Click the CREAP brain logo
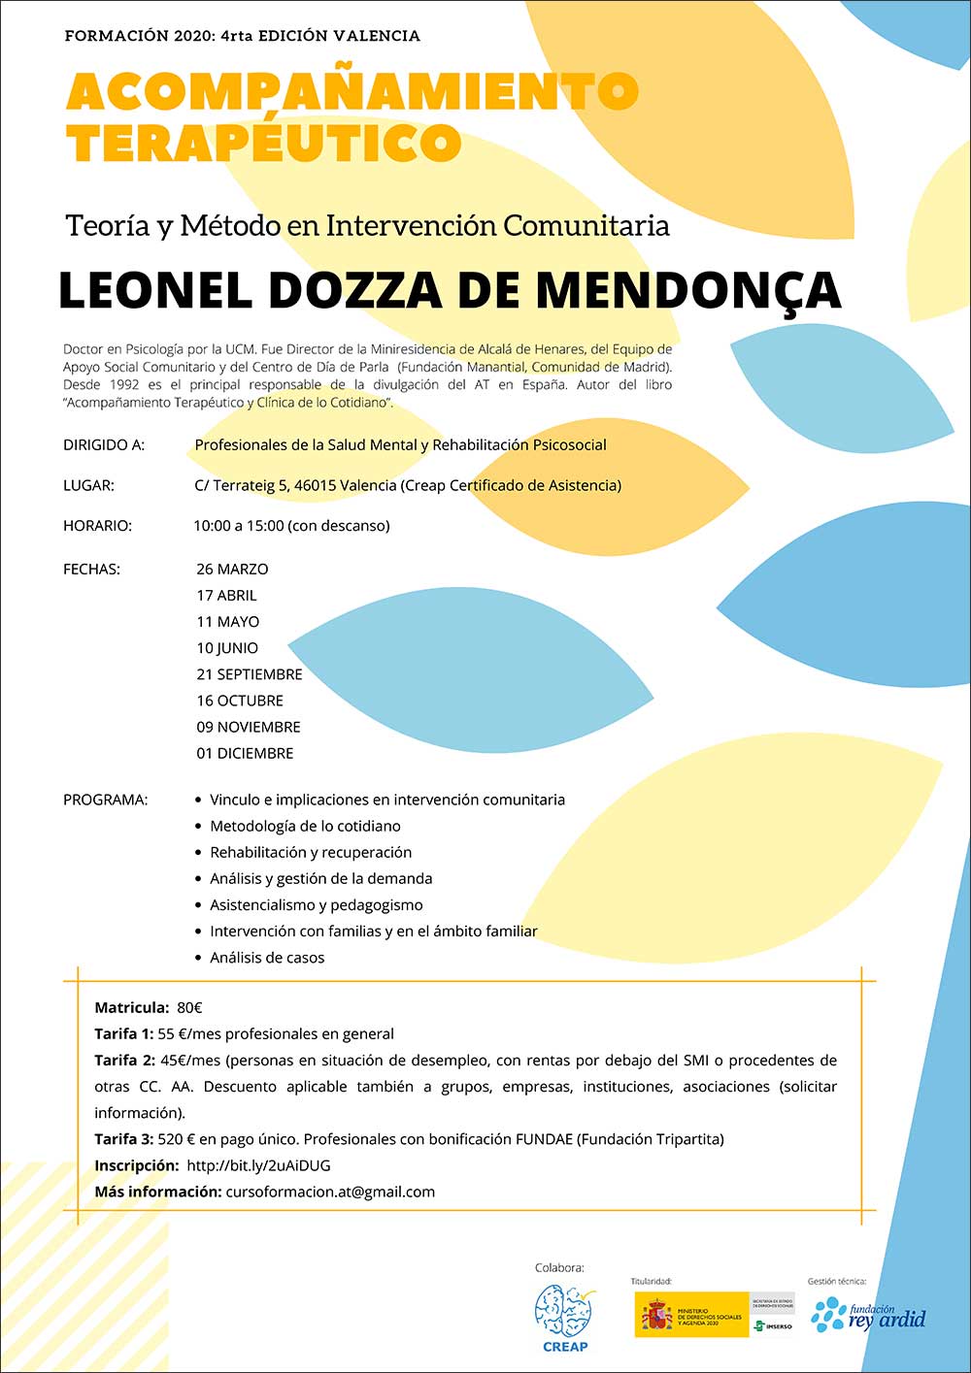(x=564, y=1312)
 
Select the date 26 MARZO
(x=232, y=570)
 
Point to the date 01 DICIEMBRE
(x=245, y=753)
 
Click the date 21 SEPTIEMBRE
(x=250, y=674)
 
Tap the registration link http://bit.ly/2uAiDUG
(x=258, y=1165)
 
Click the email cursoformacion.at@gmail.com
(x=330, y=1192)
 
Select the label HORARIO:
(x=97, y=526)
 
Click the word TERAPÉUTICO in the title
(x=264, y=144)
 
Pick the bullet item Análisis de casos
(x=267, y=958)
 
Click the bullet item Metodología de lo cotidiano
(x=305, y=827)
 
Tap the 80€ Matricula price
(x=189, y=1008)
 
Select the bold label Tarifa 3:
(x=123, y=1139)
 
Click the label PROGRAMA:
(x=105, y=801)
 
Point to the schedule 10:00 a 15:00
(x=239, y=526)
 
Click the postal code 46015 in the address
(x=315, y=485)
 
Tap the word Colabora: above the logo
(x=559, y=1268)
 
